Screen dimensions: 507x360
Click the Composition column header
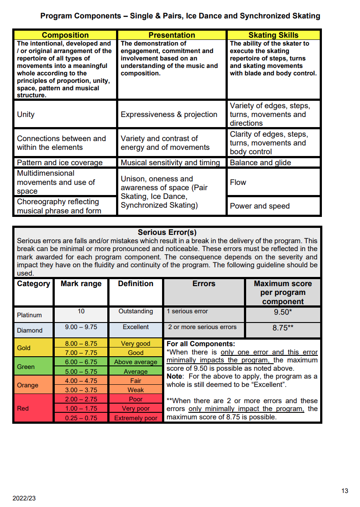click(65, 35)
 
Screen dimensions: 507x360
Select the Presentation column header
click(172, 35)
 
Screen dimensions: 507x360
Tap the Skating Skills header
click(273, 35)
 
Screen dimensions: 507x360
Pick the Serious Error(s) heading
click(167, 232)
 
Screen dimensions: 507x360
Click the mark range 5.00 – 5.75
click(81, 372)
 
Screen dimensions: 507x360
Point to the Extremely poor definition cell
click(136, 418)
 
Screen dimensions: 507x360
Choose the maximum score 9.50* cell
click(282, 313)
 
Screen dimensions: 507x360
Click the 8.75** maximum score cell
click(282, 328)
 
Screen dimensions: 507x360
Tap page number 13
click(345, 491)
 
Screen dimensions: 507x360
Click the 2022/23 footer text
click(24, 499)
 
